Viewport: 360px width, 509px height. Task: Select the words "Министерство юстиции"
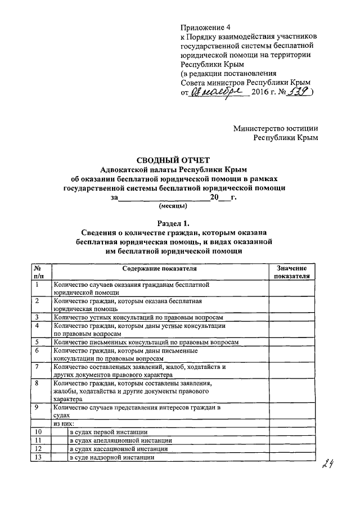[276, 128]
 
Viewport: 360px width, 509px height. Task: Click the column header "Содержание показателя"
[159, 269]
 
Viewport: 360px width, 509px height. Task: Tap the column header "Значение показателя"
[291, 273]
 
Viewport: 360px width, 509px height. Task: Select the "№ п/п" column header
[39, 273]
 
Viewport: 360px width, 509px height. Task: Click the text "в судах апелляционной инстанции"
[120, 440]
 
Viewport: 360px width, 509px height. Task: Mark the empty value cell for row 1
[291, 289]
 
